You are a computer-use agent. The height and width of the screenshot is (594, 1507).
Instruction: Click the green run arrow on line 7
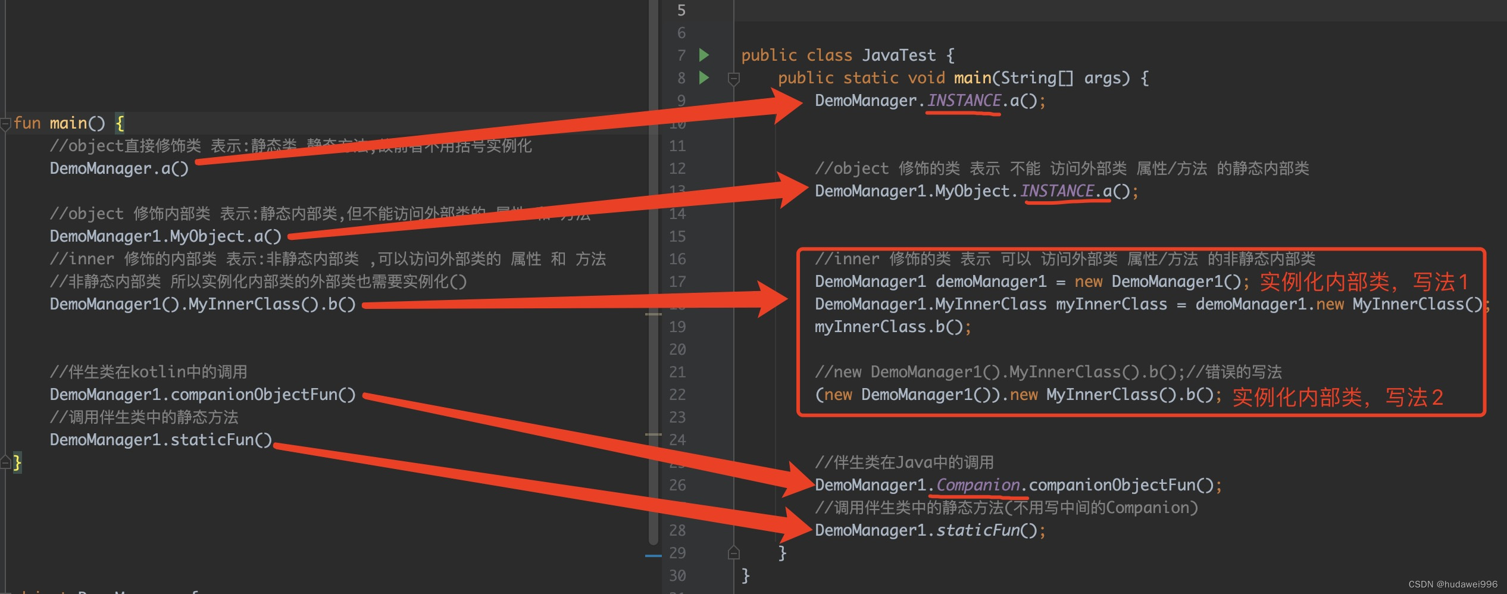point(704,55)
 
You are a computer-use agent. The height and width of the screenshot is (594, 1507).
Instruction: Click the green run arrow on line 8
point(704,78)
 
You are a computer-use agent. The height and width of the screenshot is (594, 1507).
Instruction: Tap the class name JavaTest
point(899,55)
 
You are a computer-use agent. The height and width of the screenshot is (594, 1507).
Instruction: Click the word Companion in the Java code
point(978,485)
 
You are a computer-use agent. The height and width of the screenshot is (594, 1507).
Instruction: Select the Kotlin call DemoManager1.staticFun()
point(161,440)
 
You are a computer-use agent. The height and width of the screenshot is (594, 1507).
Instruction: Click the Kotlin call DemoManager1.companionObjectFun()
point(202,395)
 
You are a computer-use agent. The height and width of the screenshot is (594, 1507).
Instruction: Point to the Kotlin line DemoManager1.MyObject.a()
point(165,236)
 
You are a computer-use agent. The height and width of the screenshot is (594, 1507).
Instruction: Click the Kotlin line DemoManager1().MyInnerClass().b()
point(202,304)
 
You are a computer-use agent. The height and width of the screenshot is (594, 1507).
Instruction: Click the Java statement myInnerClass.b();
point(893,327)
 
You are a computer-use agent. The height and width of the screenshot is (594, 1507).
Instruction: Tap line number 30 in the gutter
point(677,576)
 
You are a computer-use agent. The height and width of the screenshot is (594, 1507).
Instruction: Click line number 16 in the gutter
point(677,259)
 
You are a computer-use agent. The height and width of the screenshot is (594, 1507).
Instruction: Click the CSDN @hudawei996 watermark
point(1452,584)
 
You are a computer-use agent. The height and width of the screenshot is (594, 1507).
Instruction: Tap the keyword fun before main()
point(27,123)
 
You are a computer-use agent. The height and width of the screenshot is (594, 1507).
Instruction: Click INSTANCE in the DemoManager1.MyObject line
point(1057,191)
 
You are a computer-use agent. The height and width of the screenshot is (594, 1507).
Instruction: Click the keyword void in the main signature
point(926,78)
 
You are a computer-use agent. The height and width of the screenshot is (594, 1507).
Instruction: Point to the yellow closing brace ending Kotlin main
point(17,462)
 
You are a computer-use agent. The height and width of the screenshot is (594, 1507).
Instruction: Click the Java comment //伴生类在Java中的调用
point(904,462)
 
